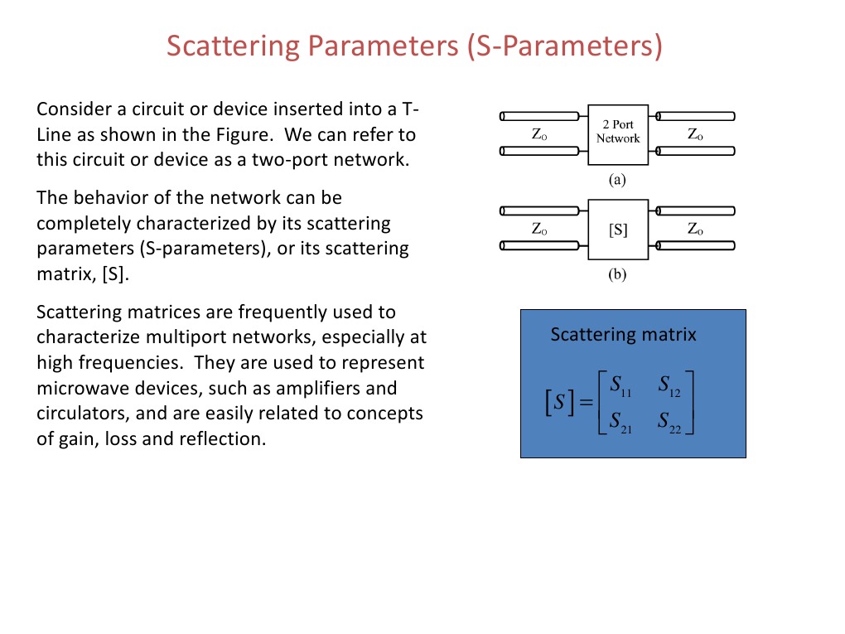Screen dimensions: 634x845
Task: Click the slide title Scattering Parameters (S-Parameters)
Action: (414, 46)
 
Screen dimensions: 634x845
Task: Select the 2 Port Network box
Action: (618, 132)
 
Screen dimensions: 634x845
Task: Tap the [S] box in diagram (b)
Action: (618, 230)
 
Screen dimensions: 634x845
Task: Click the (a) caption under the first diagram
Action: (617, 178)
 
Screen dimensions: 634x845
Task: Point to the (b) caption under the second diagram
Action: (617, 276)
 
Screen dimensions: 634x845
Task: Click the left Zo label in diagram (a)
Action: (538, 133)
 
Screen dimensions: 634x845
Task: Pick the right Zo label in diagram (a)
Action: (695, 133)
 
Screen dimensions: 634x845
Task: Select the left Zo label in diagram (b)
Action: (538, 230)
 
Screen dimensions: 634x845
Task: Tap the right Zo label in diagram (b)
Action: (695, 230)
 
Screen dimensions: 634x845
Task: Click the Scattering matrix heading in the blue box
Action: (623, 335)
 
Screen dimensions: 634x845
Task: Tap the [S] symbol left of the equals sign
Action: (558, 404)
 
